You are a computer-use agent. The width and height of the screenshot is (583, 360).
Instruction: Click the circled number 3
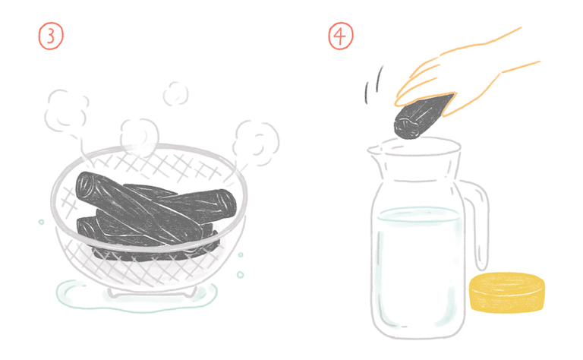(51, 36)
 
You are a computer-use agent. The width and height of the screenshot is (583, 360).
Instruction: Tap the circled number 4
(341, 36)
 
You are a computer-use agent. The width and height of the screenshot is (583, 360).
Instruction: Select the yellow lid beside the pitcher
(507, 292)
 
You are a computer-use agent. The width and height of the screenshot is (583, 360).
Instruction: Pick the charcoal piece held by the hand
(423, 115)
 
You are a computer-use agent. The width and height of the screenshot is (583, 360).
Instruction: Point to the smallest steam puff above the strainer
(175, 93)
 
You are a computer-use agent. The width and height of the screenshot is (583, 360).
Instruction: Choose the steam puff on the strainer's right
(256, 143)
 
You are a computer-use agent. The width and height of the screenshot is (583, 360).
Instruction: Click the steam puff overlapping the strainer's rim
(140, 137)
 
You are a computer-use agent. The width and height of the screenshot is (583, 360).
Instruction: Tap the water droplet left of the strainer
(41, 222)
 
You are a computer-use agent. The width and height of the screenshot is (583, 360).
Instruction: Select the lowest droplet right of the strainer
(240, 275)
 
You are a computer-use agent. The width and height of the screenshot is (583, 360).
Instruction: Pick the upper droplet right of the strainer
(241, 255)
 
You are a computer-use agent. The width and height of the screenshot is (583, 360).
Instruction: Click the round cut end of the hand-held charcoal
(405, 128)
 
